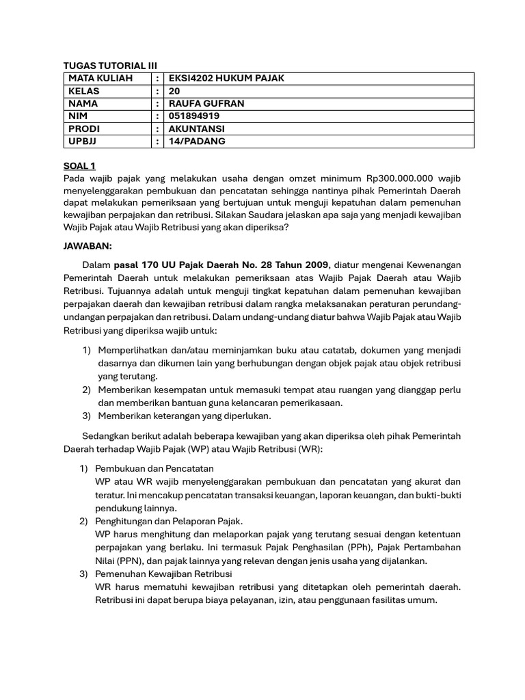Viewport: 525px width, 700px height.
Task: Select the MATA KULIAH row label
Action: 100,79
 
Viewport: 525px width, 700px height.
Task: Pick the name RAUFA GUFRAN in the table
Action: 206,104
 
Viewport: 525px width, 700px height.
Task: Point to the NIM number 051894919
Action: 194,116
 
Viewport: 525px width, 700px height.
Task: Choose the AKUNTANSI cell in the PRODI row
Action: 197,129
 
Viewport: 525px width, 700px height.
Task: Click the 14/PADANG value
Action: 197,142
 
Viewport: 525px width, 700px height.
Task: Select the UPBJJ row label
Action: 83,142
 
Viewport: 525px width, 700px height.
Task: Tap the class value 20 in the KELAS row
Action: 174,91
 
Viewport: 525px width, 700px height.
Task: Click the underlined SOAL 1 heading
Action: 80,165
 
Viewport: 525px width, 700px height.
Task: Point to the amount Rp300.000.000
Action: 400,178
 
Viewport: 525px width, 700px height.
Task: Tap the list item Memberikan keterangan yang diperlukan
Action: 185,416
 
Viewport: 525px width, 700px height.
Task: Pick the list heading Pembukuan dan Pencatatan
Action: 154,468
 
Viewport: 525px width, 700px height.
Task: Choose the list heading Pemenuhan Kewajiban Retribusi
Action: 164,574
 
